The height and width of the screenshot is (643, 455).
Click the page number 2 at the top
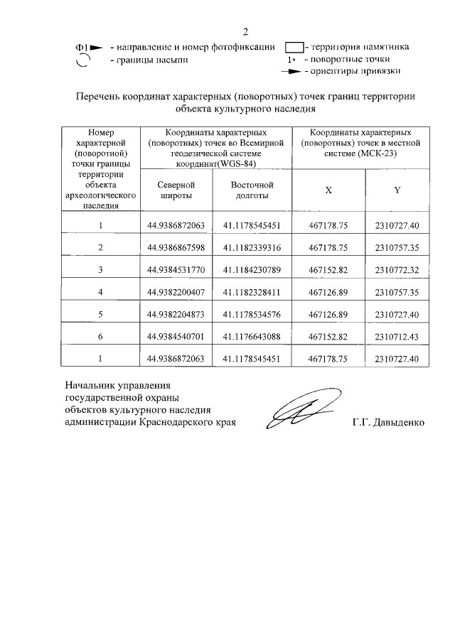click(246, 31)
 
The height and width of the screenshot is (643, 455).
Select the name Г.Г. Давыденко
click(387, 422)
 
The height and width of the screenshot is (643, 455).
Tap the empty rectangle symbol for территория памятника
click(294, 48)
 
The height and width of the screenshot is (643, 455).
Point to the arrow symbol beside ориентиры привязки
click(291, 72)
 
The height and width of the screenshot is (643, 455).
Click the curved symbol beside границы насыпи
click(82, 61)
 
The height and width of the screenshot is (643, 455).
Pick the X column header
click(328, 190)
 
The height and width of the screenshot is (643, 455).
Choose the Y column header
click(397, 190)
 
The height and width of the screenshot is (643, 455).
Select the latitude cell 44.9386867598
click(176, 247)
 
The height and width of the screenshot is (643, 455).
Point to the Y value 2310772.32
click(397, 269)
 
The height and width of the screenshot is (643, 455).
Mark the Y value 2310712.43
click(397, 337)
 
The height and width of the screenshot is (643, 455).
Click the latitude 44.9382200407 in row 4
click(176, 292)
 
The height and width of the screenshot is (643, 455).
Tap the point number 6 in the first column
click(100, 337)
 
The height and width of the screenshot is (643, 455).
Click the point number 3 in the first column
click(100, 269)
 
